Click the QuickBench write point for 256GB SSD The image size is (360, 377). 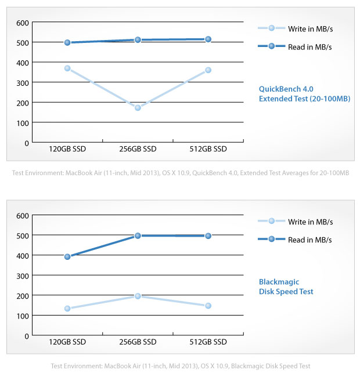(x=138, y=108)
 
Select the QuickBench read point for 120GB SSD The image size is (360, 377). (x=67, y=42)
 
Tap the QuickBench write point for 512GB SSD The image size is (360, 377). (x=208, y=70)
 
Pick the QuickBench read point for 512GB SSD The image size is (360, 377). (x=208, y=39)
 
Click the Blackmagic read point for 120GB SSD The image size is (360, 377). (x=67, y=256)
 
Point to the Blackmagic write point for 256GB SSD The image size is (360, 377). (x=138, y=296)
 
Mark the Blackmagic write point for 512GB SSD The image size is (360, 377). (x=208, y=306)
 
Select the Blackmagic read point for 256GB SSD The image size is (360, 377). (x=138, y=235)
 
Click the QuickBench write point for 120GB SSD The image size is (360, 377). (x=67, y=68)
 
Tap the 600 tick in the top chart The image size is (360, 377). (x=23, y=23)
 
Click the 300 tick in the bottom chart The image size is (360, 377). (x=23, y=275)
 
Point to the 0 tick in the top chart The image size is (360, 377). (x=26, y=143)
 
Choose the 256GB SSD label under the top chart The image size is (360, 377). (x=138, y=149)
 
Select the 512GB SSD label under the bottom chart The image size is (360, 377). (x=208, y=342)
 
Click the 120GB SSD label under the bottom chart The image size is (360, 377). (x=67, y=342)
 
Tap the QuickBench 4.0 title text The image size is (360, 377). (x=286, y=89)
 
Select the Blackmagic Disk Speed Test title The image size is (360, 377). (x=286, y=287)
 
